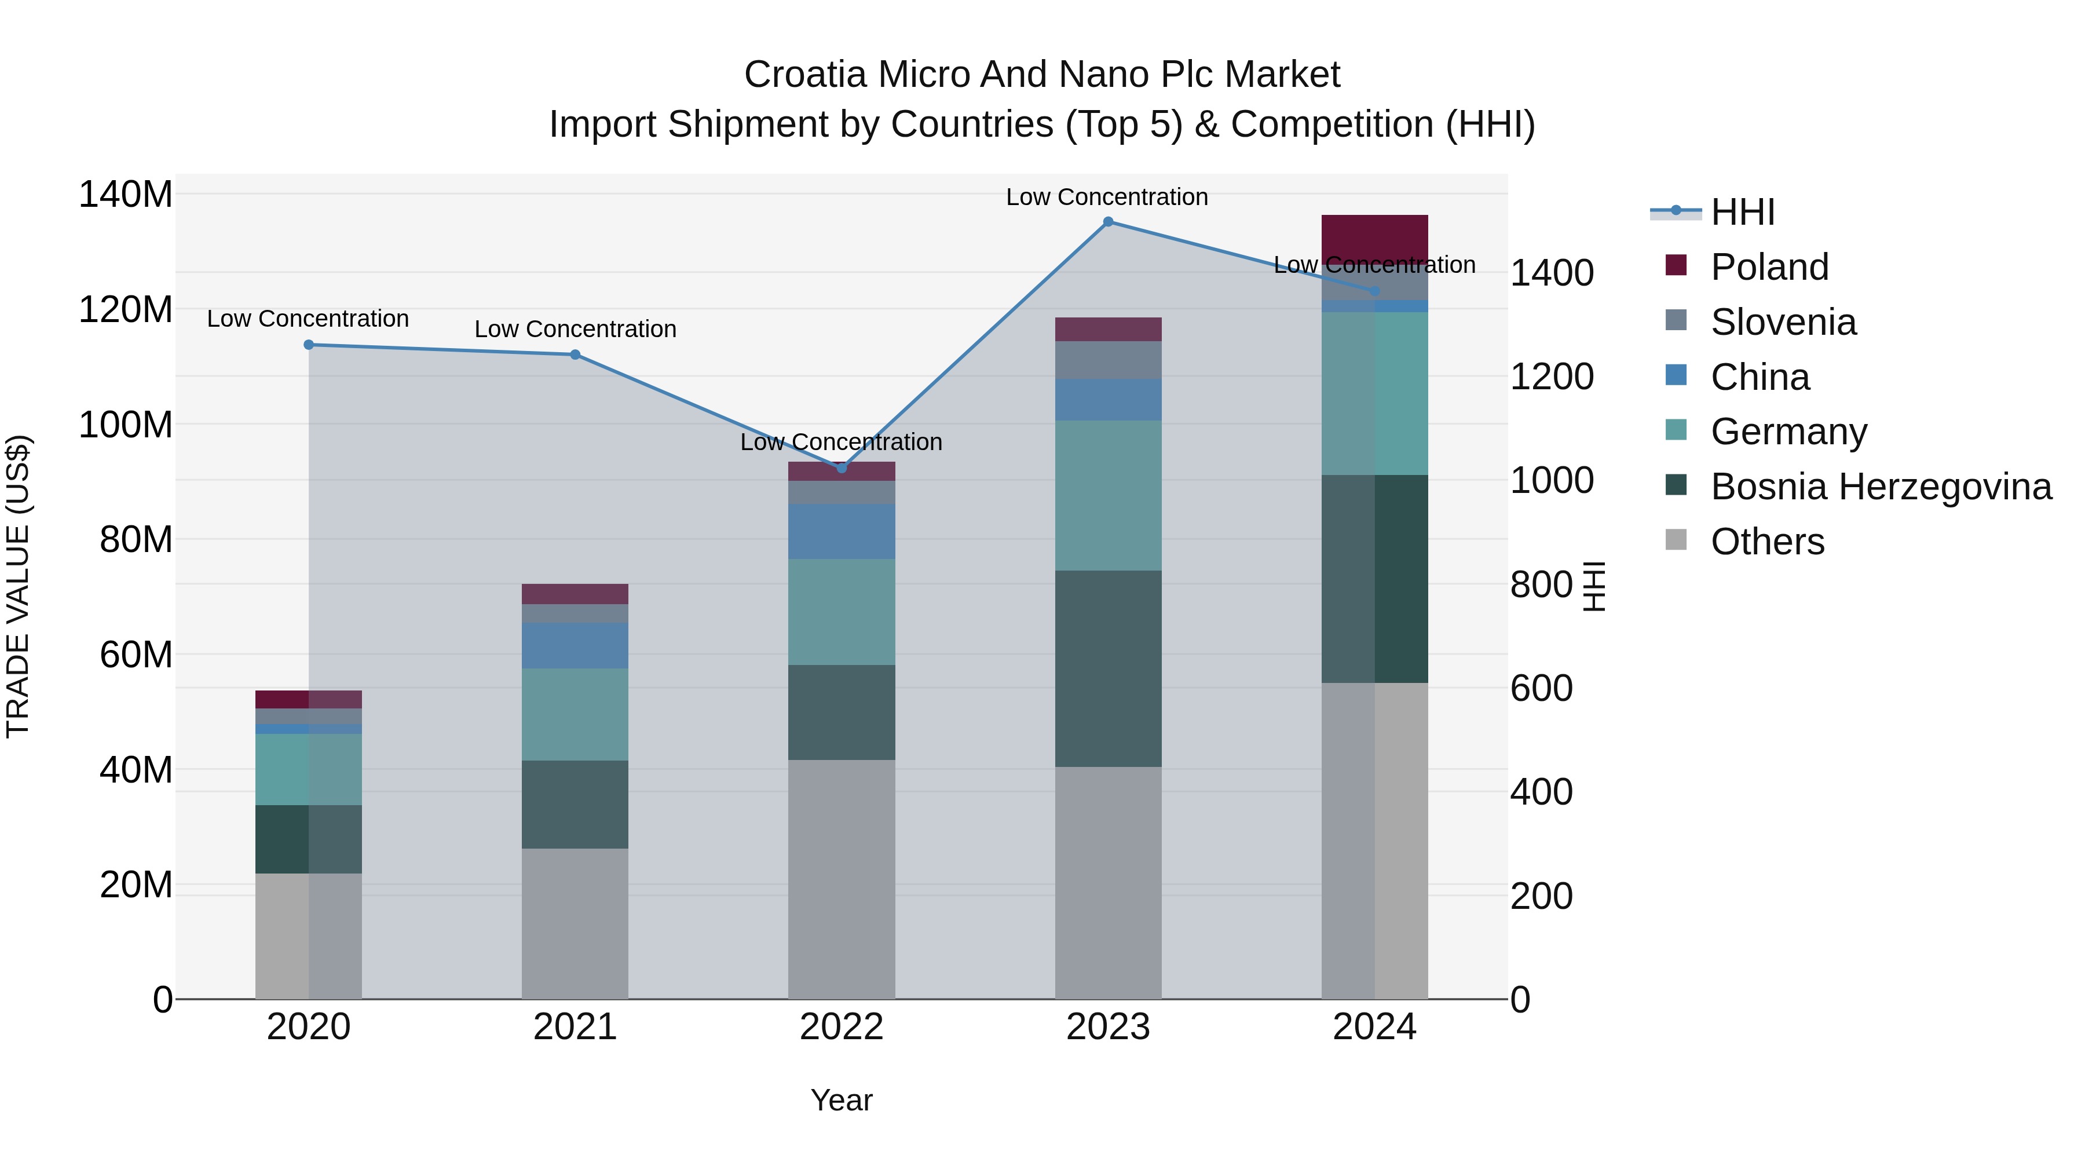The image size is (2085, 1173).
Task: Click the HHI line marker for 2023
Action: coord(1108,222)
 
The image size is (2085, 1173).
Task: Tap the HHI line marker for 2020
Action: coord(308,345)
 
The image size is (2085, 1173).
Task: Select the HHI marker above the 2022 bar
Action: coord(841,468)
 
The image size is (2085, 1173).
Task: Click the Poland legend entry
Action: coord(1769,267)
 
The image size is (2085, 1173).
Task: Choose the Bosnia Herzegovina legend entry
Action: coord(1880,487)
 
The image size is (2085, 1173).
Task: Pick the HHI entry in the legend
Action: coord(1742,212)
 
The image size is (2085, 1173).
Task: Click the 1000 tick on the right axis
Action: coord(1552,480)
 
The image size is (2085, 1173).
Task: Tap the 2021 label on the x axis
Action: coord(575,1027)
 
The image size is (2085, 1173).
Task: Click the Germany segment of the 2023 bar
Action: coord(1108,495)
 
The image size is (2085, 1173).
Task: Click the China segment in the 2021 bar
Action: coord(575,645)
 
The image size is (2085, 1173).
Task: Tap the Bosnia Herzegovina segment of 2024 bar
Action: coord(1374,579)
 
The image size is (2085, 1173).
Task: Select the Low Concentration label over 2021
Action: coord(575,330)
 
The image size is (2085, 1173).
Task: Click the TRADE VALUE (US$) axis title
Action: coord(18,586)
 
